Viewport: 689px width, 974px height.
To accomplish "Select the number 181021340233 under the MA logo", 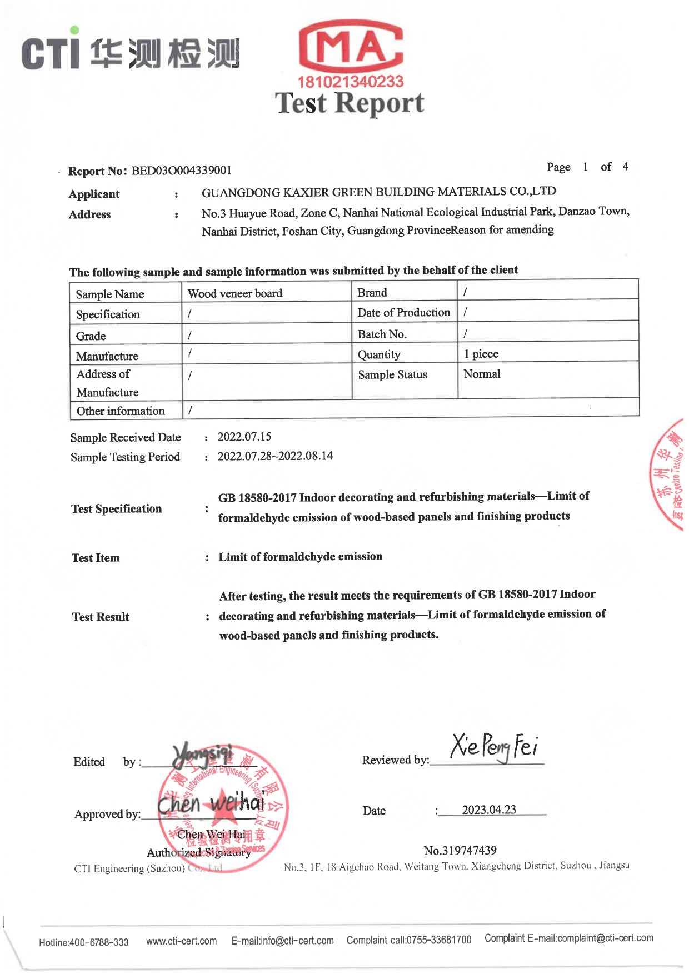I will [351, 82].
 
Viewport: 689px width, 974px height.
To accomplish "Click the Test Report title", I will [350, 104].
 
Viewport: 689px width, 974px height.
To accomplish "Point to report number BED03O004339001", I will [181, 171].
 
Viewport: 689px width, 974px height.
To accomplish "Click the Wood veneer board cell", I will [235, 293].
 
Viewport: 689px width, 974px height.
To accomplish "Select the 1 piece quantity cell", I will [481, 354].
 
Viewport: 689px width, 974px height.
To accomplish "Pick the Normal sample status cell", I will [482, 374].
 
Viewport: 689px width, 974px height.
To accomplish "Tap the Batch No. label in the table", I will [382, 334].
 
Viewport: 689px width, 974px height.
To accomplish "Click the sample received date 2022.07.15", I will [244, 437].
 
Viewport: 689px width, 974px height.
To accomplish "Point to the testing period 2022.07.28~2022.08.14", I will [275, 456].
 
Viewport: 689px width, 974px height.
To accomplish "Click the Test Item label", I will [96, 558].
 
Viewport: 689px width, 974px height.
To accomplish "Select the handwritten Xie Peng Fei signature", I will [493, 747].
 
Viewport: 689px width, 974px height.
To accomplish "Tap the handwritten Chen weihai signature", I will [211, 803].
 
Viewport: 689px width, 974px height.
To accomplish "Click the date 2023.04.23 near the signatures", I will [489, 810].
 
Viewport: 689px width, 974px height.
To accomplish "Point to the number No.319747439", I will [460, 850].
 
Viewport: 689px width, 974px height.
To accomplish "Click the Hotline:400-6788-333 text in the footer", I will [84, 942].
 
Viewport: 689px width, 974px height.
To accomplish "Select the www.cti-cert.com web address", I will [181, 941].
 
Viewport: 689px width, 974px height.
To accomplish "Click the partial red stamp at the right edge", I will [668, 475].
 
